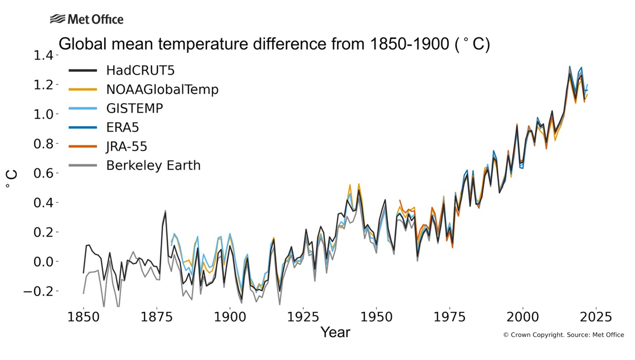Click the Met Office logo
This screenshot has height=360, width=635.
coord(87,19)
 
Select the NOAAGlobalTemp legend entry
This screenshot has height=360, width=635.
coord(162,90)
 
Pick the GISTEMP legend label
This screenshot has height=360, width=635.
coord(134,109)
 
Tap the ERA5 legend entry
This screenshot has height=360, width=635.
coord(122,127)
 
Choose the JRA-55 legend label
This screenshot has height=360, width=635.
coord(126,146)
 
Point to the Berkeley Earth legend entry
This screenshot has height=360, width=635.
coord(153,165)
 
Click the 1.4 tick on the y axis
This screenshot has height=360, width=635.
coord(43,55)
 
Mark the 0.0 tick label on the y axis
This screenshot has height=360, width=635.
coord(43,262)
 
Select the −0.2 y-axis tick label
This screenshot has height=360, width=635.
coord(39,291)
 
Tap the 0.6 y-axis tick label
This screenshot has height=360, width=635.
coord(43,173)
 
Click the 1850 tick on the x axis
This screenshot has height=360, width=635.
coord(84,317)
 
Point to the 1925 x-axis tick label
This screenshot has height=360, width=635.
coord(303,317)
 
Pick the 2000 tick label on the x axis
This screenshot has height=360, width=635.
coord(522,317)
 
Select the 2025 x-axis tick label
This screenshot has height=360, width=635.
coord(595,317)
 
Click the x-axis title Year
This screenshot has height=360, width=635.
coord(335,332)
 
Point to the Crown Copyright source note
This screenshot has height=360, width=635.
coord(563,335)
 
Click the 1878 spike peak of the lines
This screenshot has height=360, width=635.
coord(165,211)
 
